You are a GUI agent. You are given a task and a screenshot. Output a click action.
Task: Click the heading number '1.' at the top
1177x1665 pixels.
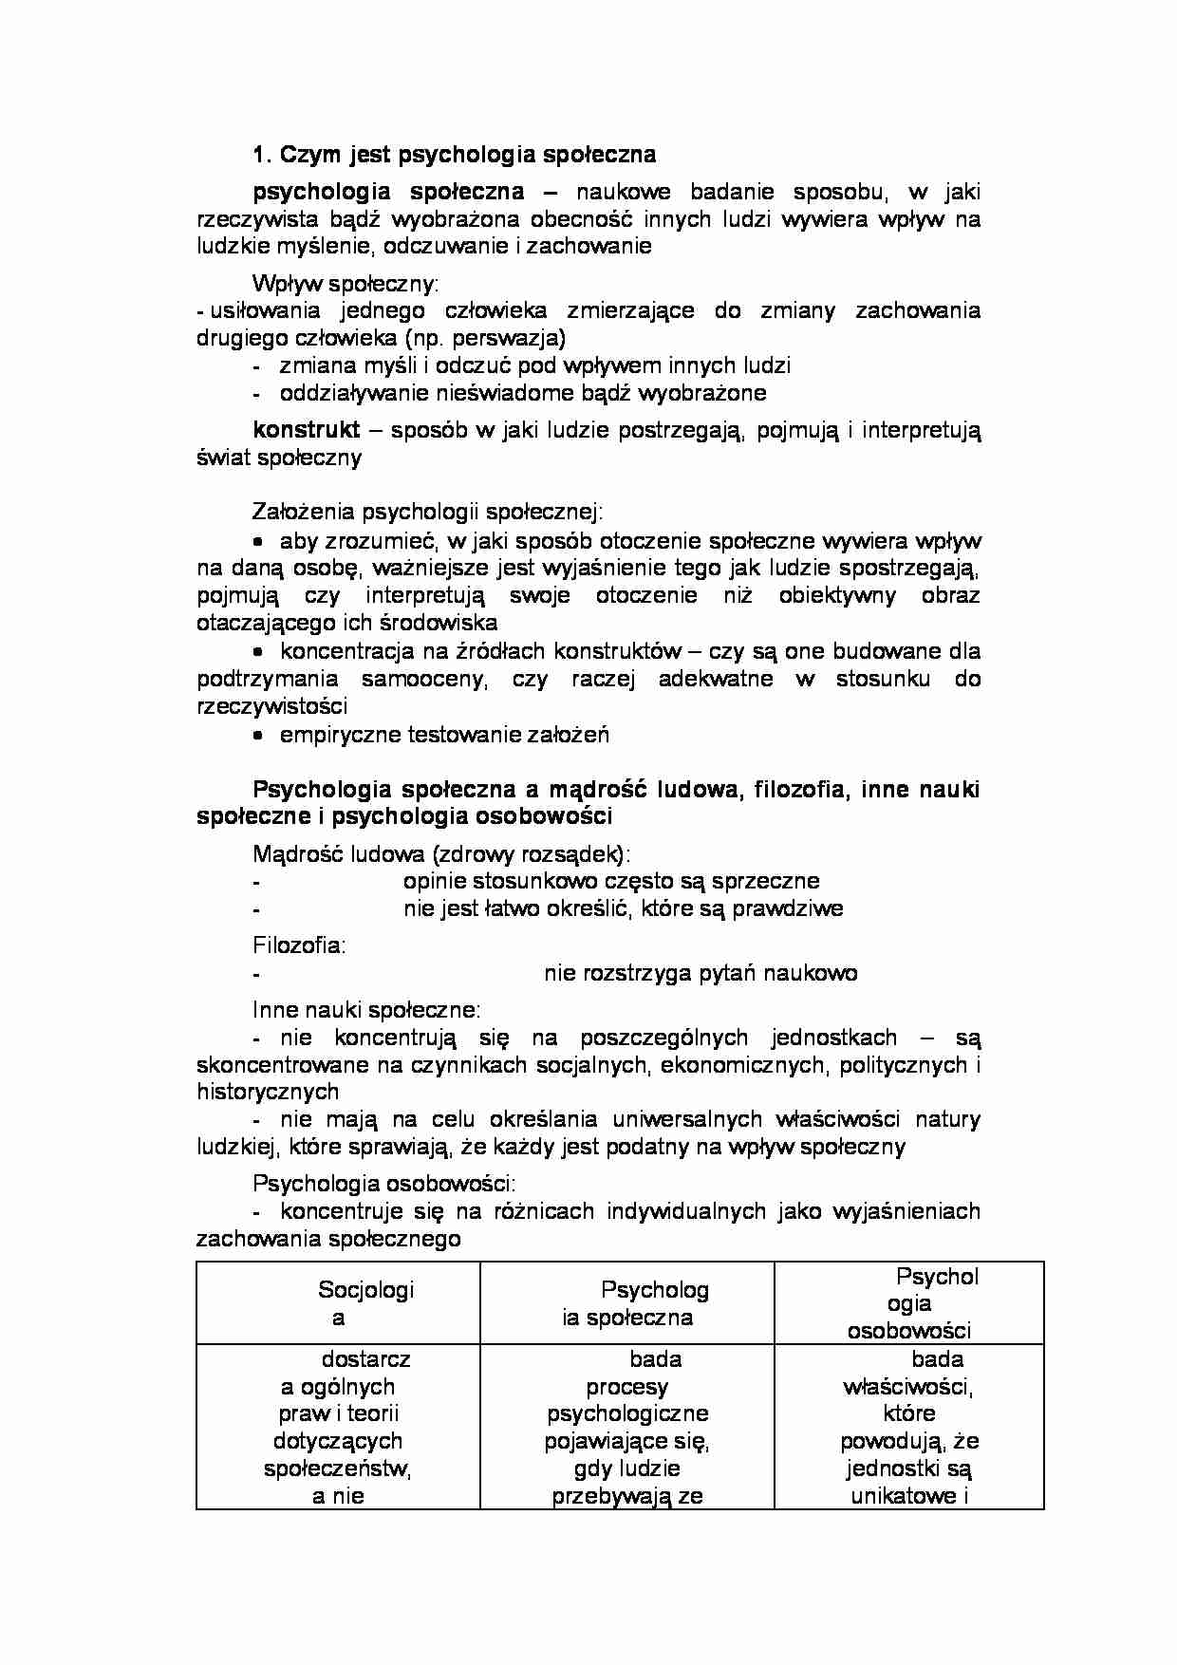(262, 155)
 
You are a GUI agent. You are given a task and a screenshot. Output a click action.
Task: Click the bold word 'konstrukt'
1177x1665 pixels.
(306, 430)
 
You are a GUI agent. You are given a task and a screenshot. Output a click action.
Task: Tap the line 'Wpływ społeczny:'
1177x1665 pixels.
(346, 283)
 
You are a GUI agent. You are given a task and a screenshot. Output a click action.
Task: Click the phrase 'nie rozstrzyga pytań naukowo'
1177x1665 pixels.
(701, 973)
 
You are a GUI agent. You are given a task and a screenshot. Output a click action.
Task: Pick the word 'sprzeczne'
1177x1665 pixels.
(775, 881)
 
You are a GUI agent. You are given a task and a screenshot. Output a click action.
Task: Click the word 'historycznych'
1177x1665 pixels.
(268, 1092)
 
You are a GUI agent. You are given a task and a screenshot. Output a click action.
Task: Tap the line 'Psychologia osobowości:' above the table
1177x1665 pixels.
(383, 1184)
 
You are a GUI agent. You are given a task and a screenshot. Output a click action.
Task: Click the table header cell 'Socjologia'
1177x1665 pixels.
(339, 1303)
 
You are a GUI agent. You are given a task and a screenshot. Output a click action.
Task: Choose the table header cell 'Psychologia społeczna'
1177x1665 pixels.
(627, 1303)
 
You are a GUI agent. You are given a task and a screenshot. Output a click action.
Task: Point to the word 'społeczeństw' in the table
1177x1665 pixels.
(337, 1469)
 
